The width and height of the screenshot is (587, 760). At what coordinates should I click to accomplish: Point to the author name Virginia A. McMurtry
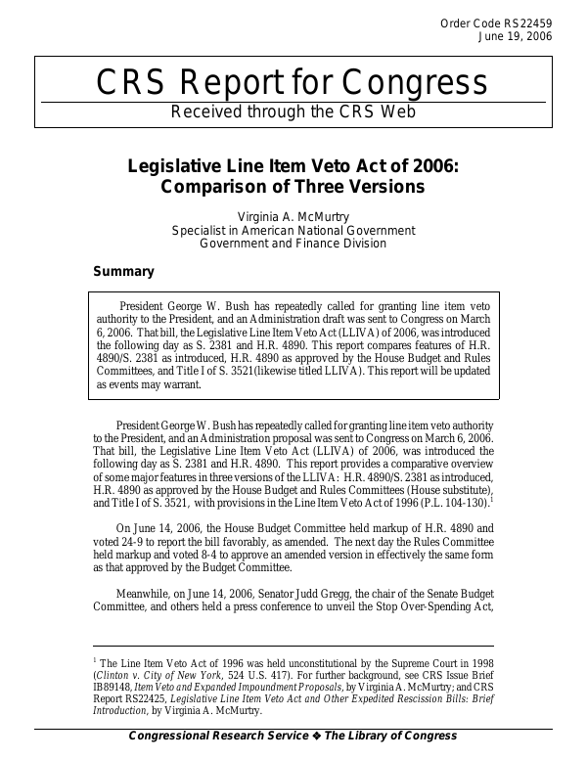293,216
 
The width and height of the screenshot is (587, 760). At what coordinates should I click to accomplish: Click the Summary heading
123,271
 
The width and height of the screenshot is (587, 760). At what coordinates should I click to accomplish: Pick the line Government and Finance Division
293,244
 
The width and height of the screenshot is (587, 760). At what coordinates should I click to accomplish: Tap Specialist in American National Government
293,230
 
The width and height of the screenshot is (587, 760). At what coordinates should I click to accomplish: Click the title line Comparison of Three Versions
293,186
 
